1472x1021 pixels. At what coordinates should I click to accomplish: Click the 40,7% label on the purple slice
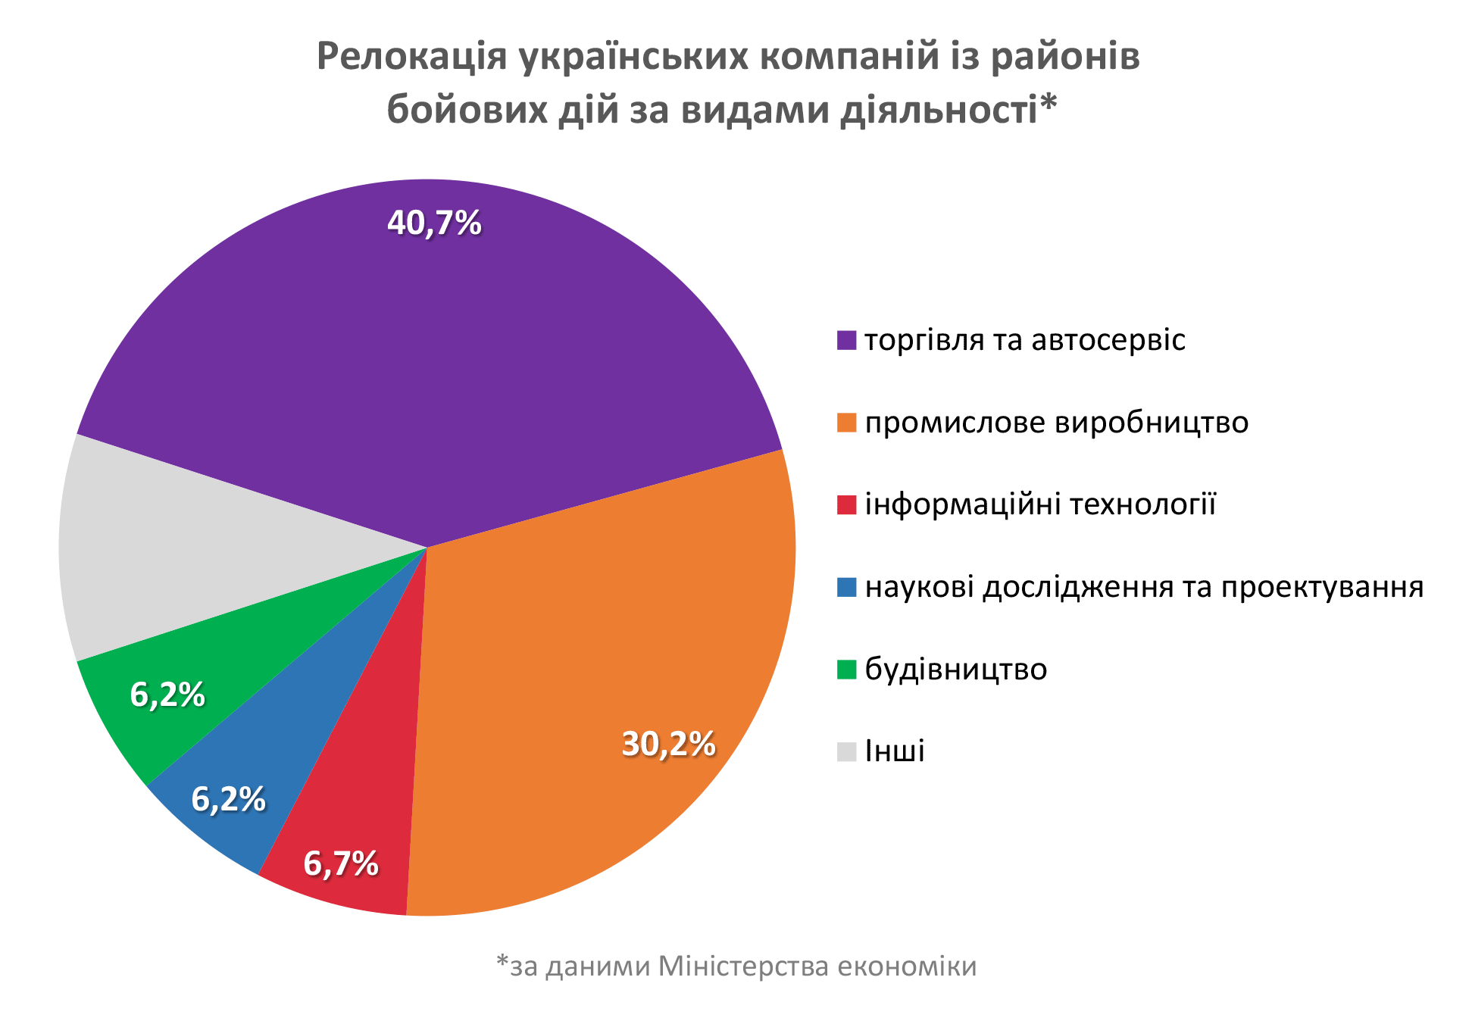coord(434,223)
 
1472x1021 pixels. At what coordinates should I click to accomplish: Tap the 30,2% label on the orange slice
coord(668,745)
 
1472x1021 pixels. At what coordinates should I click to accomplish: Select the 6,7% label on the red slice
coord(341,863)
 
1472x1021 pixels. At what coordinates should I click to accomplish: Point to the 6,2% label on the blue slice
coord(228,799)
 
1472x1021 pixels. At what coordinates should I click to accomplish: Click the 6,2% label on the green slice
coord(167,695)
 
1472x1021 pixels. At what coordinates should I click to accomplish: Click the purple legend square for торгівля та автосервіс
coord(846,340)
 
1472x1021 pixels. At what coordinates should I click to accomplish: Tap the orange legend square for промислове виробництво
coord(846,423)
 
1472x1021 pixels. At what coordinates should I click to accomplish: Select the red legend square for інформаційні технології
coord(846,504)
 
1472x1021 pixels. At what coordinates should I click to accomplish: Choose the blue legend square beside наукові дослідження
coord(846,587)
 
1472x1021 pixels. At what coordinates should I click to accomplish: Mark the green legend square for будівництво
coord(846,670)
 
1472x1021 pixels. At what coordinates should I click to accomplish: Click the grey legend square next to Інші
coord(846,751)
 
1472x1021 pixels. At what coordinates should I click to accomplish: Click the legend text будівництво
coord(956,670)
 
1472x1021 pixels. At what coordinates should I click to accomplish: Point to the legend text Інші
coord(895,751)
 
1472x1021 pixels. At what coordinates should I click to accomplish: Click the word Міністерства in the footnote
coord(743,966)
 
